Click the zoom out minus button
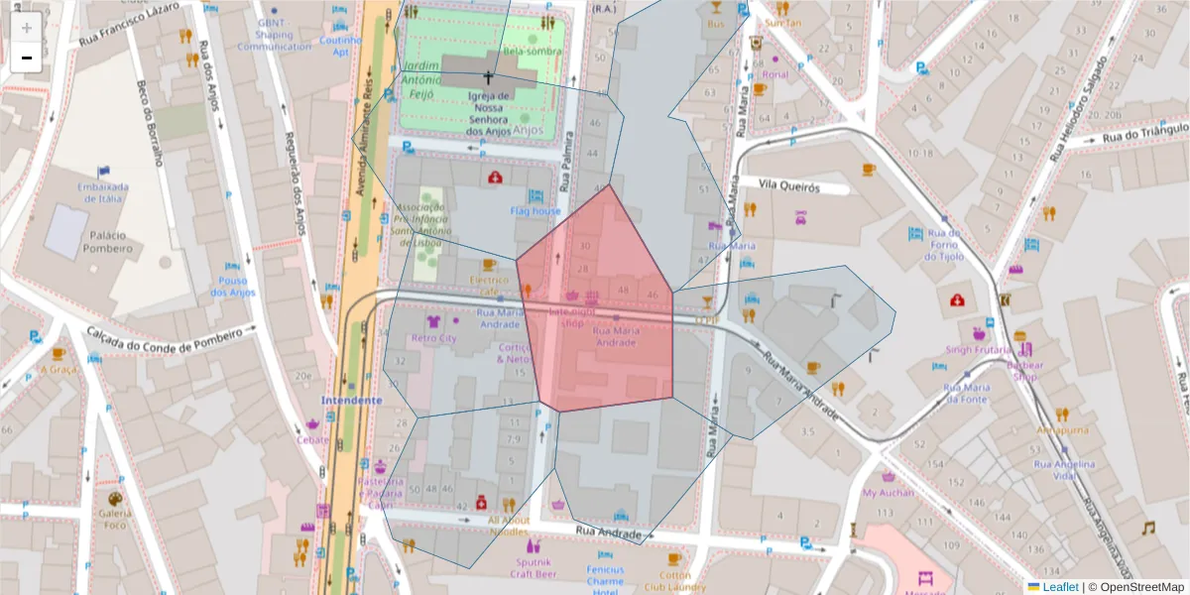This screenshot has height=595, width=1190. click(x=27, y=58)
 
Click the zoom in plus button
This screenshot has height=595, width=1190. click(x=27, y=28)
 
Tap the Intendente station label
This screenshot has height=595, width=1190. click(x=351, y=401)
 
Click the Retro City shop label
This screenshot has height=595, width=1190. click(x=434, y=338)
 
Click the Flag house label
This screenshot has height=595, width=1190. click(x=535, y=211)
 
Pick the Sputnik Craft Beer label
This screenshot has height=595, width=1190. click(x=534, y=567)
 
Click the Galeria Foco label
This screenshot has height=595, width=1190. click(x=114, y=519)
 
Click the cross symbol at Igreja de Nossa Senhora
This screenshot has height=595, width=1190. click(x=487, y=76)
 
